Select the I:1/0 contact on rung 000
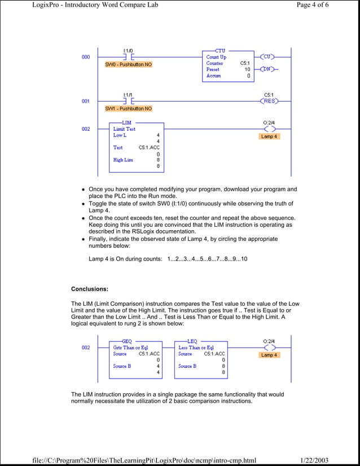[x=129, y=57]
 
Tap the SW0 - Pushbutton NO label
[x=129, y=64]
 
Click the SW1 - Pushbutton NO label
[x=129, y=108]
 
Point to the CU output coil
[x=269, y=57]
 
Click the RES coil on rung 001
[x=269, y=101]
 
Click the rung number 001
[x=85, y=102]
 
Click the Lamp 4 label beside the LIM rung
[x=269, y=137]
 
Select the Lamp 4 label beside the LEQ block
[x=269, y=355]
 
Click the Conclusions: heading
[x=89, y=289]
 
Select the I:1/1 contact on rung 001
[x=129, y=101]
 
